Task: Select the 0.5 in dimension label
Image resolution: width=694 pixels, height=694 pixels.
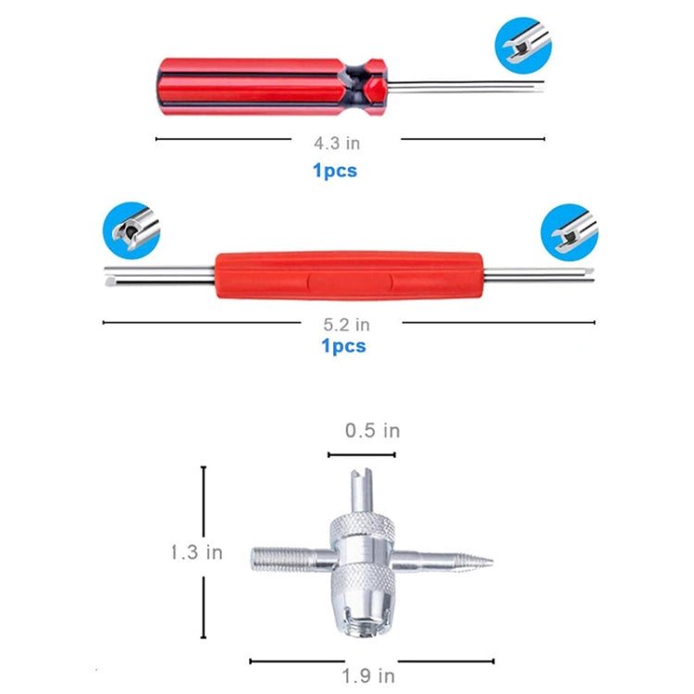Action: tap(372, 430)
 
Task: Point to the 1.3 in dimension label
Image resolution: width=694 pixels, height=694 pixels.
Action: tap(195, 552)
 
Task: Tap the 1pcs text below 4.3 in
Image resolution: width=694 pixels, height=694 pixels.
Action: tap(334, 170)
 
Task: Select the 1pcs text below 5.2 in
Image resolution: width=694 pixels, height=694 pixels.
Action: tap(343, 346)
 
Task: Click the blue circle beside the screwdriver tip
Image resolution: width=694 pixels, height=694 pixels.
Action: tap(523, 43)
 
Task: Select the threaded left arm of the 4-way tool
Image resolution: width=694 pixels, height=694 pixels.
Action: tap(278, 557)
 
